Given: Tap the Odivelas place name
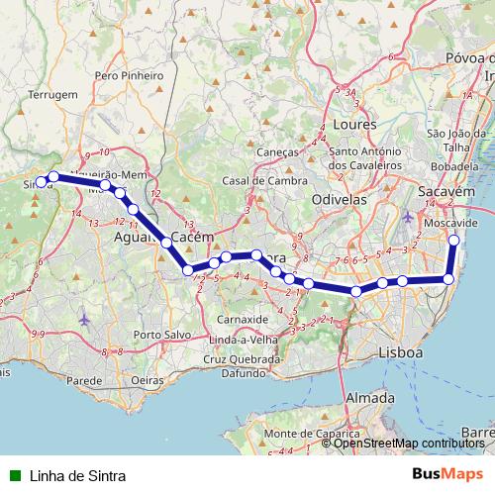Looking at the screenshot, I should pyautogui.click(x=340, y=199).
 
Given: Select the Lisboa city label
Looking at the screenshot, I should pyautogui.click(x=400, y=352).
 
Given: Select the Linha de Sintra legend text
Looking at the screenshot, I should pyautogui.click(x=77, y=475).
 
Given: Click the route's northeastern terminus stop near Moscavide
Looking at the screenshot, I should pyautogui.click(x=454, y=241).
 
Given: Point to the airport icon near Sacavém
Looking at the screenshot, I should pyautogui.click(x=410, y=216).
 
